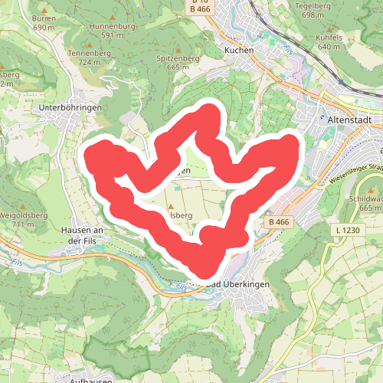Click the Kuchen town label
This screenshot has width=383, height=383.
tap(238, 50)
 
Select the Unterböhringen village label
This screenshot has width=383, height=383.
tap(70, 109)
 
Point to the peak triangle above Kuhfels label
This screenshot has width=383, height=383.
tap(329, 25)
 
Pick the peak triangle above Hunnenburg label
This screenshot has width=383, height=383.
tap(113, 15)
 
